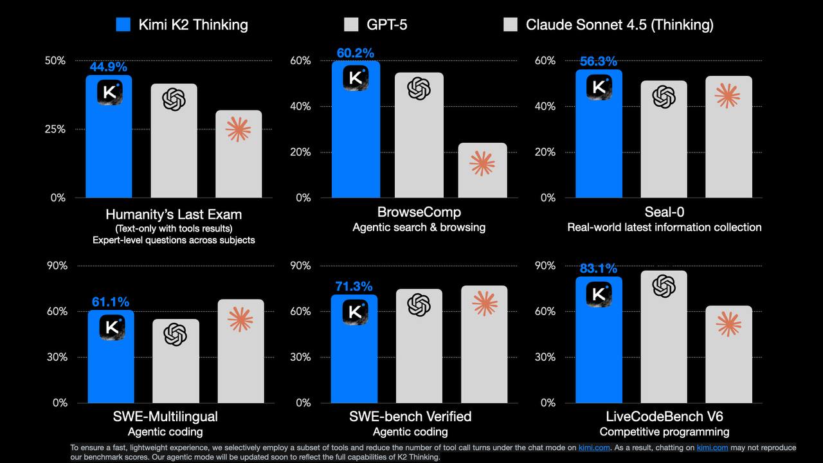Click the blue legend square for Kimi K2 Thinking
[123, 25]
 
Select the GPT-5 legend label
[386, 25]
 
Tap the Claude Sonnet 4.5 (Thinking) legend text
[619, 25]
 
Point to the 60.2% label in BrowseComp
[355, 53]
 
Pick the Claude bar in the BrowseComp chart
[482, 170]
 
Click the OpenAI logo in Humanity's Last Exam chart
[174, 100]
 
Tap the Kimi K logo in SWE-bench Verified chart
[355, 312]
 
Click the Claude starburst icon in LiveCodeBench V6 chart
[728, 324]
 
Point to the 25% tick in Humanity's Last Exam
[55, 129]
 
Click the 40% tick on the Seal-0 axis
[545, 106]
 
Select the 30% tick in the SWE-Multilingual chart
[56, 357]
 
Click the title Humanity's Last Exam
[174, 214]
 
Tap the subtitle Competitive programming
[664, 431]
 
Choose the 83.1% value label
[599, 269]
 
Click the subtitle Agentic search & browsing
[419, 227]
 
